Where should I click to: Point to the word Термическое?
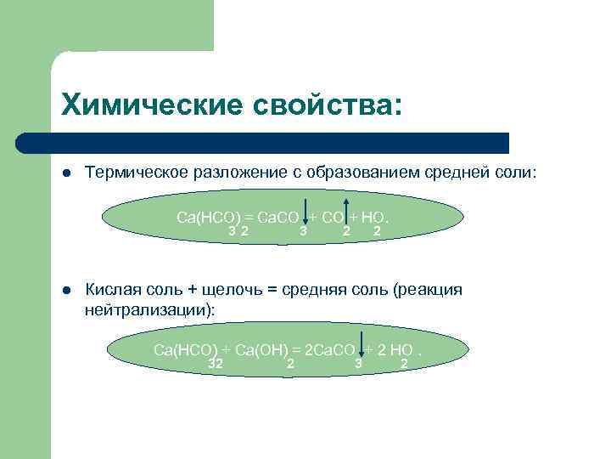click(x=137, y=173)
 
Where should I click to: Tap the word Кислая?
click(x=114, y=290)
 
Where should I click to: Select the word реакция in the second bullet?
click(x=429, y=290)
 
